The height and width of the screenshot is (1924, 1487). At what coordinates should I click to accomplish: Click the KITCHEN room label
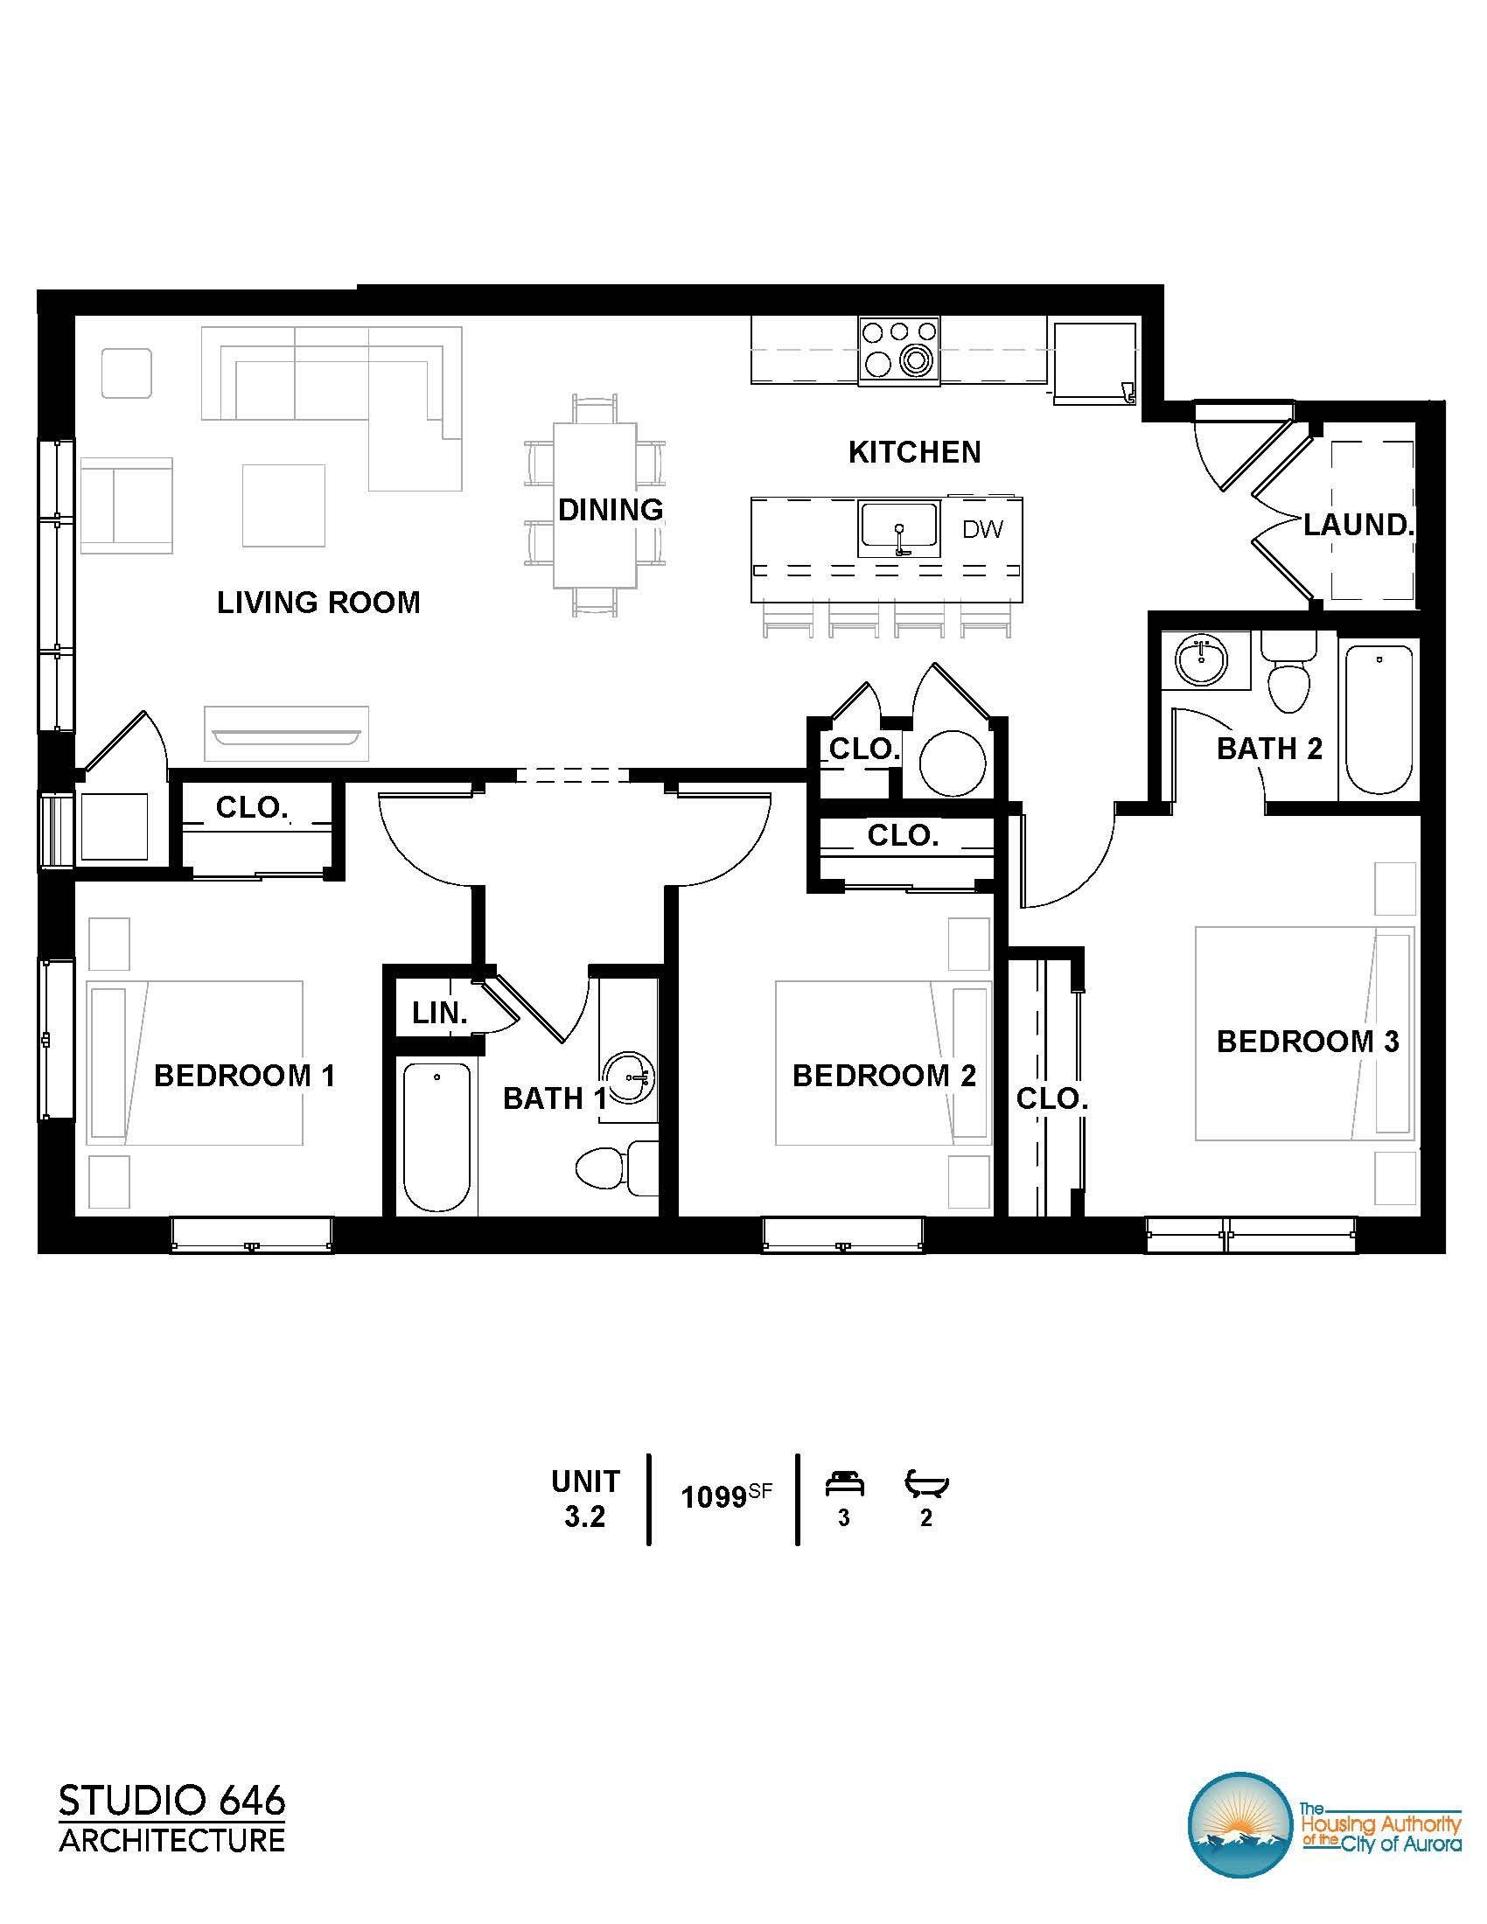click(x=914, y=453)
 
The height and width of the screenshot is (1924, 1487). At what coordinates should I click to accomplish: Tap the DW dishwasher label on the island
click(x=982, y=529)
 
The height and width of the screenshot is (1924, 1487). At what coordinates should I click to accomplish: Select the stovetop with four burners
click(x=899, y=350)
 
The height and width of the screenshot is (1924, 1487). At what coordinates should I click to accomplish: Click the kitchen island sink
click(x=898, y=529)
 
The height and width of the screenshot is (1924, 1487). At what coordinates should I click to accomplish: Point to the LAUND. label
click(x=1358, y=525)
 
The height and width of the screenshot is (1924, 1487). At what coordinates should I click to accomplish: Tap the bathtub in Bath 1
click(x=436, y=1136)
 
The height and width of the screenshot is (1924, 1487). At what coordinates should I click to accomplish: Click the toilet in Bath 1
click(x=617, y=1168)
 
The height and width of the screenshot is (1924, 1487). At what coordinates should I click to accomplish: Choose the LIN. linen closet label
click(x=440, y=1013)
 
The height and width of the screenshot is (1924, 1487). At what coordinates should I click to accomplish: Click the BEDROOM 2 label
click(x=883, y=1076)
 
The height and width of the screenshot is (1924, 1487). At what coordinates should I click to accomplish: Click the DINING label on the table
click(x=611, y=509)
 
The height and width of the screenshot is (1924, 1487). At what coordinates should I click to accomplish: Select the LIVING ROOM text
click(x=319, y=603)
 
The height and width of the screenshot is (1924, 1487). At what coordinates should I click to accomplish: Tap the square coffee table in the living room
click(x=283, y=505)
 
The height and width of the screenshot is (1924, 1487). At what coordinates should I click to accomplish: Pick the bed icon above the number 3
click(x=844, y=1484)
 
